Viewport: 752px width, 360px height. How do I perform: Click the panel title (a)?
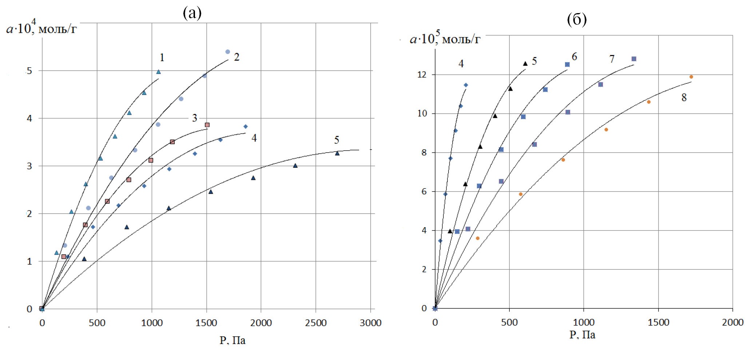click(x=192, y=13)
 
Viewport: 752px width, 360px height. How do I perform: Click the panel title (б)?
click(x=577, y=20)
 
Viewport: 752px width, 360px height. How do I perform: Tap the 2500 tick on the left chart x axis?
click(x=316, y=323)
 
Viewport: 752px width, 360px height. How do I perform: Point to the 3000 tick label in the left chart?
click(x=370, y=323)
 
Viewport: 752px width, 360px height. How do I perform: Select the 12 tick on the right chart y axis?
click(x=422, y=75)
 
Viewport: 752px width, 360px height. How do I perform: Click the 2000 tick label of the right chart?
click(x=732, y=322)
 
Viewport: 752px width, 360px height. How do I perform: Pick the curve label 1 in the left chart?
click(x=162, y=58)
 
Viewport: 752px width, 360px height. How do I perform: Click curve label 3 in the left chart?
click(x=195, y=118)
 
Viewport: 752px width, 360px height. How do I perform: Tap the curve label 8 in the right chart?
click(x=684, y=98)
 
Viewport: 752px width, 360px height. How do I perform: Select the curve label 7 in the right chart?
click(x=612, y=59)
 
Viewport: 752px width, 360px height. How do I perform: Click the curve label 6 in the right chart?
click(x=574, y=57)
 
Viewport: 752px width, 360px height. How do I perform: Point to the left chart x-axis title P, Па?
click(x=232, y=340)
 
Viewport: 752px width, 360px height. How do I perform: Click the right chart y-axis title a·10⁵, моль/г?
click(x=445, y=38)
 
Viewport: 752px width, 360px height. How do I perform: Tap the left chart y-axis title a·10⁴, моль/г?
click(x=41, y=28)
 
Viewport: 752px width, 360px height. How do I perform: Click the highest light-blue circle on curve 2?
click(x=228, y=52)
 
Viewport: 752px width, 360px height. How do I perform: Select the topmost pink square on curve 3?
click(x=207, y=125)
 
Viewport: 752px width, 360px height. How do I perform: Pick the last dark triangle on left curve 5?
click(x=337, y=153)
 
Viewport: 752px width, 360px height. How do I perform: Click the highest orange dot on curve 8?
click(x=691, y=77)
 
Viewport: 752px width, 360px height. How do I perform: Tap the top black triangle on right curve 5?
click(x=525, y=64)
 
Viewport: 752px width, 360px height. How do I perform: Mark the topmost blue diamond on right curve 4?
click(x=466, y=85)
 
